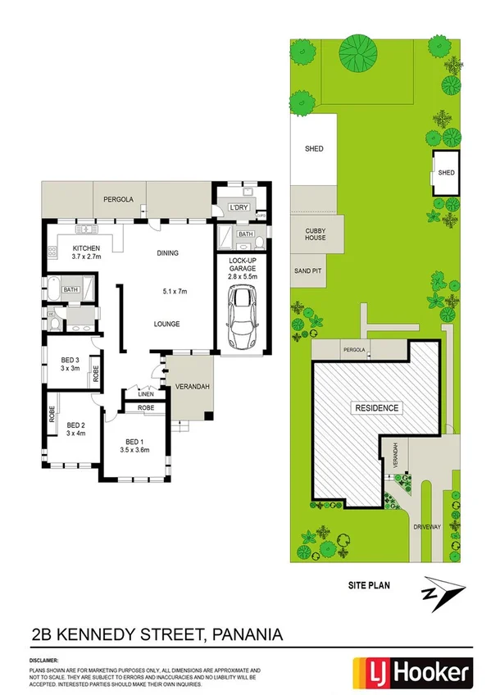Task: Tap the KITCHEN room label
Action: [x=86, y=248]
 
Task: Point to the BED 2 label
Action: [x=76, y=425]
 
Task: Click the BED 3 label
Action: [x=70, y=360]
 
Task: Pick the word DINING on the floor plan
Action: [x=167, y=253]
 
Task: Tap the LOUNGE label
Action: [x=167, y=324]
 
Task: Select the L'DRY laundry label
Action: [x=239, y=207]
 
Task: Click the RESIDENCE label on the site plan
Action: [x=376, y=407]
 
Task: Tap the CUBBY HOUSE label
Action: [x=315, y=234]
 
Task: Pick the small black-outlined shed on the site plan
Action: [x=446, y=173]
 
